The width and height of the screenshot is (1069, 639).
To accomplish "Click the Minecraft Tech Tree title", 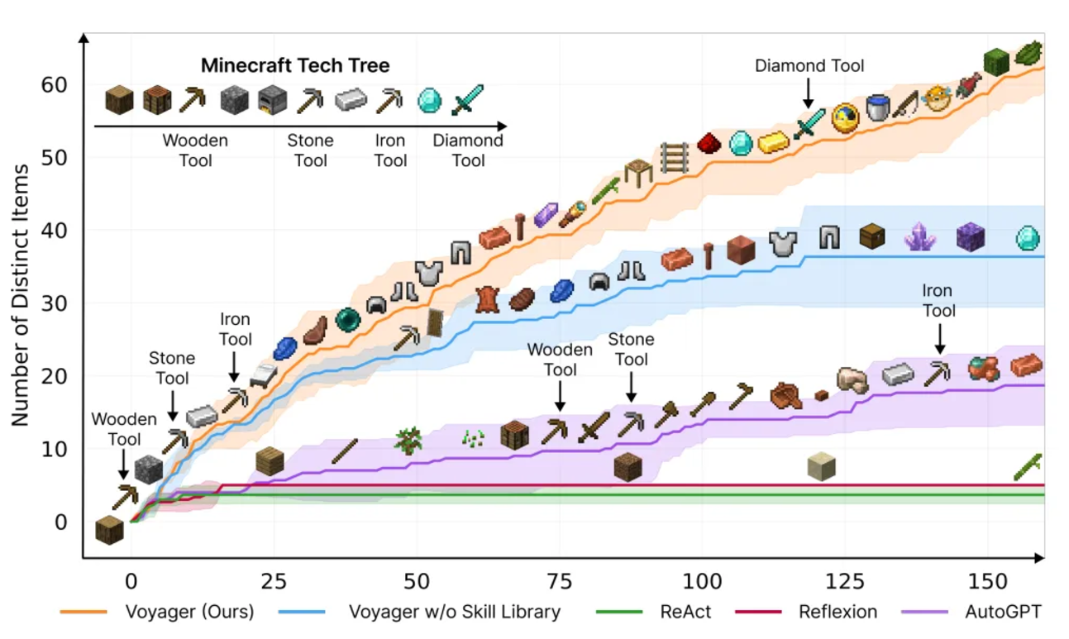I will click(295, 65).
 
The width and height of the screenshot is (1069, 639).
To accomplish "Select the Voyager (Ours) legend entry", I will click(189, 612).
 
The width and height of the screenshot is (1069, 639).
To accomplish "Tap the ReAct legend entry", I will click(685, 612).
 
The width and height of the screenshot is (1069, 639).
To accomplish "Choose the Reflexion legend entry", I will click(838, 612).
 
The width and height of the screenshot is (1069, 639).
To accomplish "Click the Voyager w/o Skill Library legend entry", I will click(454, 612).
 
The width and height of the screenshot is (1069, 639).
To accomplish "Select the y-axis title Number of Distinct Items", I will click(21, 295).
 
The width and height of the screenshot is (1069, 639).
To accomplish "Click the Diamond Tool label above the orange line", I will click(809, 65).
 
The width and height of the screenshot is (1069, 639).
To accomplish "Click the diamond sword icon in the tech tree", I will click(468, 100).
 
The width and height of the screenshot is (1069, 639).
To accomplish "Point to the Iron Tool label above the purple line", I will click(938, 301).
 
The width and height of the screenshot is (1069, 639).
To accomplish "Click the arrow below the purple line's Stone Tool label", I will click(632, 386).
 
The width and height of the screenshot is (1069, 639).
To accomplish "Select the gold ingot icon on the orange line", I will click(774, 142).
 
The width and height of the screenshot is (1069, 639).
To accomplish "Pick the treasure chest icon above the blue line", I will click(871, 236).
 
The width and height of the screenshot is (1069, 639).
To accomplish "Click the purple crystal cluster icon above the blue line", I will click(919, 236).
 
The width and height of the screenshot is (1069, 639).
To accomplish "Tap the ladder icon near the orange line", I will click(675, 158).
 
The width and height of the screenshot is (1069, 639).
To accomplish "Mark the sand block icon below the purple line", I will click(821, 466).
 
